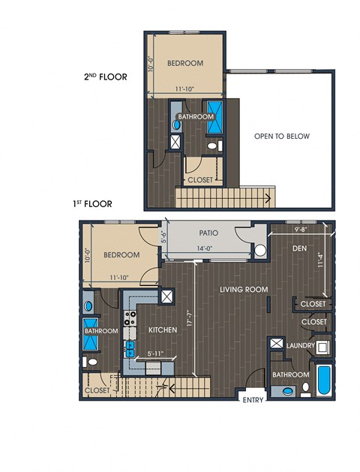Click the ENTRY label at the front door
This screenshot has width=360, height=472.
[x=253, y=400]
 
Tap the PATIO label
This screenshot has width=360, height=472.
[x=208, y=233]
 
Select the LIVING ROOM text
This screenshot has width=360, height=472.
[x=244, y=290]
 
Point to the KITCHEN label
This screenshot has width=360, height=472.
[x=163, y=330]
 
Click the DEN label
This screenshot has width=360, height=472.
[x=299, y=248]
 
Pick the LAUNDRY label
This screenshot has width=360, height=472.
[x=301, y=346]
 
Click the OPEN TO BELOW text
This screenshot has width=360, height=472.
[x=282, y=136]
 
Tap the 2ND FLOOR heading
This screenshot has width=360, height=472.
[x=105, y=77]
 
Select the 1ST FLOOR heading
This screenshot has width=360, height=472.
[x=92, y=204]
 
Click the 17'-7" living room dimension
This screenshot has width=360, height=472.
[x=189, y=319]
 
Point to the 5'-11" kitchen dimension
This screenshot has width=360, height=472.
[x=155, y=353]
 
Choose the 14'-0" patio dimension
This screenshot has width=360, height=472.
[x=205, y=248]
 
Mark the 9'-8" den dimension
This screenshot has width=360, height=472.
[x=301, y=230]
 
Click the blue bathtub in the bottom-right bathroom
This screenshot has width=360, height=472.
[x=324, y=380]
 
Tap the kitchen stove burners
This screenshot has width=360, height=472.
[x=130, y=318]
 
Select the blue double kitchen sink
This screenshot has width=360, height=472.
[x=130, y=349]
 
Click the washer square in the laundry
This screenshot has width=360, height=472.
[x=322, y=347]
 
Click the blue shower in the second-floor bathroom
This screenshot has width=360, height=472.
[x=215, y=117]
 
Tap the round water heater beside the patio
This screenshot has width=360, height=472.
[x=260, y=251]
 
